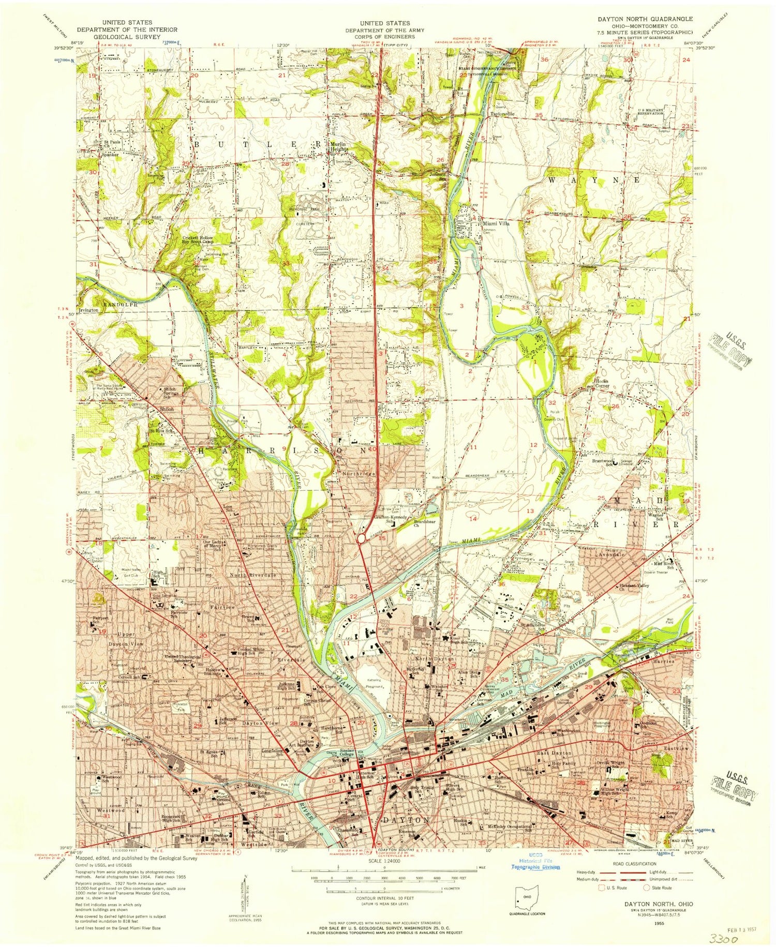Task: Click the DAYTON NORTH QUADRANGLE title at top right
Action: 645,19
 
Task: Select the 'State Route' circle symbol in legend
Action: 646,888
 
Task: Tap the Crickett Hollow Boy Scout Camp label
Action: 198,240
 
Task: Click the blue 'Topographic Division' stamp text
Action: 535,867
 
